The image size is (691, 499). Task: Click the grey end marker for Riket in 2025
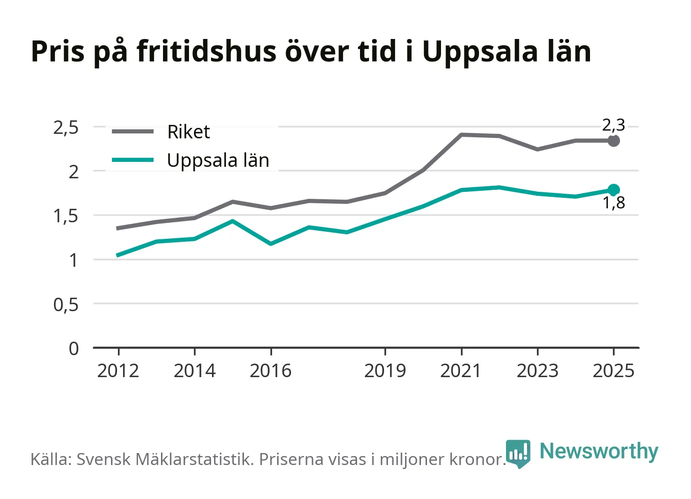[x=613, y=141]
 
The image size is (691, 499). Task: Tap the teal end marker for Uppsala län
[x=613, y=190]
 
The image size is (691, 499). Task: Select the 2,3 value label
[x=613, y=125]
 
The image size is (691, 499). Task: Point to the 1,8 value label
[x=613, y=203]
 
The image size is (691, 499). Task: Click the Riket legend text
[x=188, y=132]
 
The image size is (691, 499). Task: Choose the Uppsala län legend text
[x=218, y=160]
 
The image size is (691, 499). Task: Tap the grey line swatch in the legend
[x=132, y=131]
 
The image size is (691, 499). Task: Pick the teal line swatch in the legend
[x=132, y=160]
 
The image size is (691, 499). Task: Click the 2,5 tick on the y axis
[x=66, y=128]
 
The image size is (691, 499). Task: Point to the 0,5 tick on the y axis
[x=66, y=305]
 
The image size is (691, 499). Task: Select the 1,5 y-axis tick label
[x=66, y=216]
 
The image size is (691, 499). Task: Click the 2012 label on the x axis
[x=118, y=371]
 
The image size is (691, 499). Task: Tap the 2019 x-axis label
[x=385, y=371]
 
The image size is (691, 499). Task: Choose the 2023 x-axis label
[x=537, y=371]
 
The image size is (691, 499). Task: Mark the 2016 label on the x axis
[x=270, y=371]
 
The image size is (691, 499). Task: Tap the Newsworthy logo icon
[x=518, y=454]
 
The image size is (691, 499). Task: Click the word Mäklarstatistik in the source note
[x=194, y=459]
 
